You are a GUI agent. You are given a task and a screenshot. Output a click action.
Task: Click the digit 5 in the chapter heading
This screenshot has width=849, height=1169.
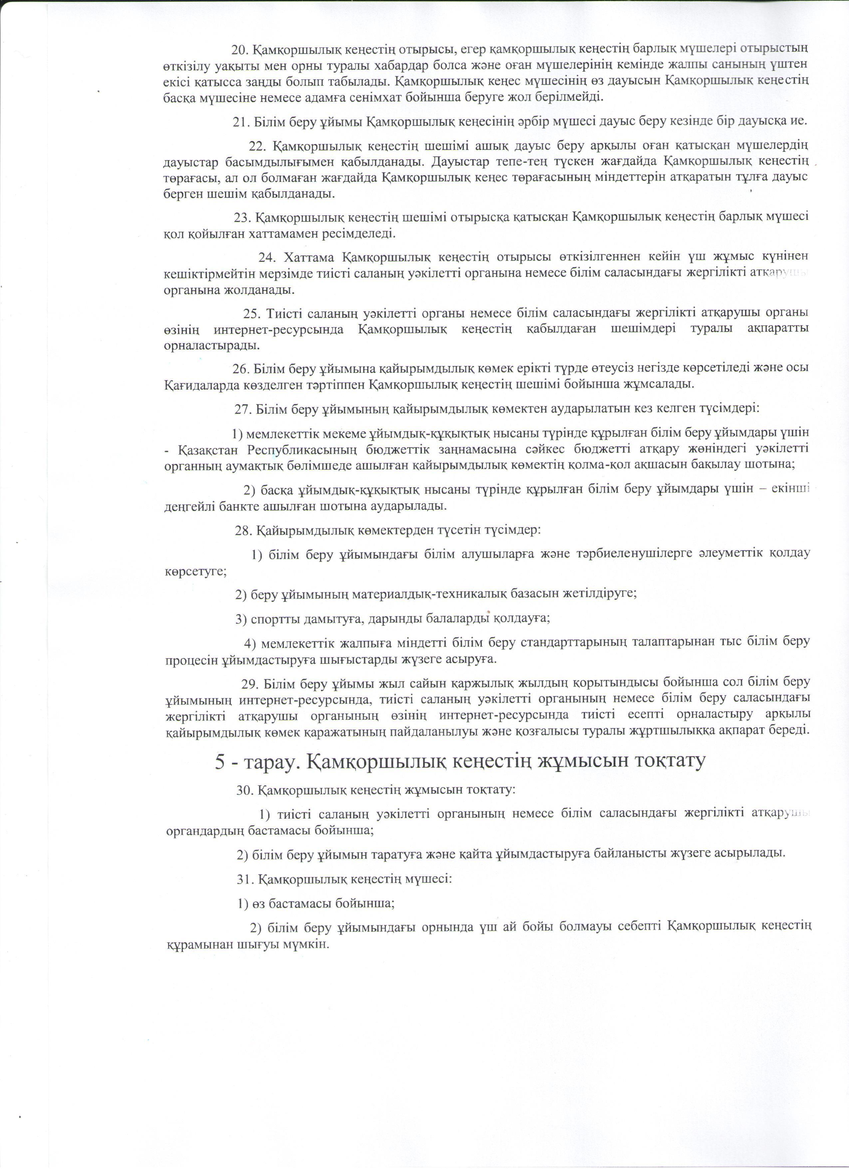click(x=220, y=761)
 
